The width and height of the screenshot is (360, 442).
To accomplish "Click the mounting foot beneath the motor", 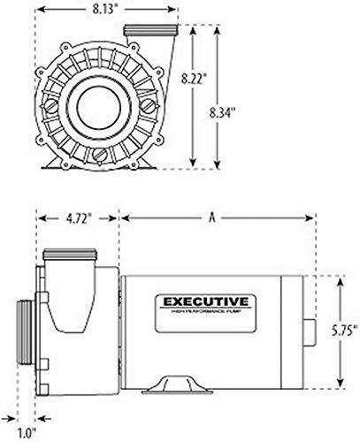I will (179, 387).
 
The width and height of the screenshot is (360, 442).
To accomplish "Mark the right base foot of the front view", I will (147, 158).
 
